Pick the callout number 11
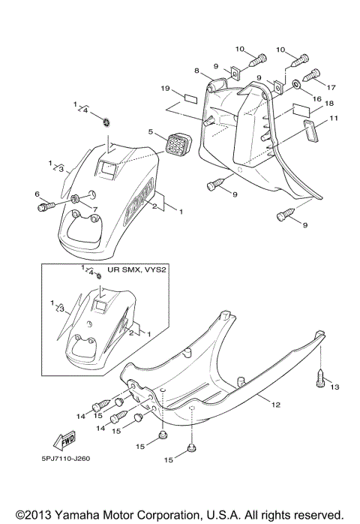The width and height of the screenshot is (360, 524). (x=333, y=119)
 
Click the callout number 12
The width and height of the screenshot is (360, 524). (x=275, y=405)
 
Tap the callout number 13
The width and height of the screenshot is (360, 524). (x=334, y=387)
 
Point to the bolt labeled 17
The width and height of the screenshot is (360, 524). (x=313, y=74)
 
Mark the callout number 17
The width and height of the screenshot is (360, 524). (x=331, y=87)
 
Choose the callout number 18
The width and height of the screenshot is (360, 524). (x=329, y=103)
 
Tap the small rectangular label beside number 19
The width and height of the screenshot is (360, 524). (x=189, y=98)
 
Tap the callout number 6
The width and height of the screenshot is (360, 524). (x=37, y=194)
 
